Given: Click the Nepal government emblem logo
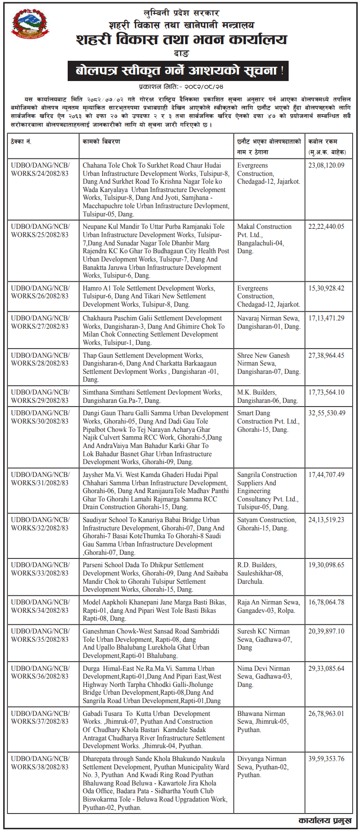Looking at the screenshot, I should point(30,26).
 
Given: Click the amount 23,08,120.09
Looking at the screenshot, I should point(326,165).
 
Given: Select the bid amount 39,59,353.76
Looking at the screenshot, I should point(326,759).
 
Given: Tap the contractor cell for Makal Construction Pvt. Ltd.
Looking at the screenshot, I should point(267,238).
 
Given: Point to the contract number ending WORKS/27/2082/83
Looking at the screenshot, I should point(41,322).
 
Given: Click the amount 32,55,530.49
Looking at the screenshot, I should point(326,413).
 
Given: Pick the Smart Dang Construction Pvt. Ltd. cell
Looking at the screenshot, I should point(268,421).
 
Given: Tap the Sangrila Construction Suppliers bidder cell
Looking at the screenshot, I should point(267,491).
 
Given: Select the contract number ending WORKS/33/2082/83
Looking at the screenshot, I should point(41,569).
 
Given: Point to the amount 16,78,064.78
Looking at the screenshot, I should point(326,602).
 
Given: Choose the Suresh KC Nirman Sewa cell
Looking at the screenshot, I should point(264,639).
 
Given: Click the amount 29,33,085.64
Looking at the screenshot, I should point(326,668).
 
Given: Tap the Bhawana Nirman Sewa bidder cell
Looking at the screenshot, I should point(263,721).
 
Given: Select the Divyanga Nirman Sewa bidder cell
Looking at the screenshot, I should point(262,767).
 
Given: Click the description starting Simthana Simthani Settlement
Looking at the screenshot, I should point(152,396).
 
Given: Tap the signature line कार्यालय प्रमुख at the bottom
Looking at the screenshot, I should point(325,820).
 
